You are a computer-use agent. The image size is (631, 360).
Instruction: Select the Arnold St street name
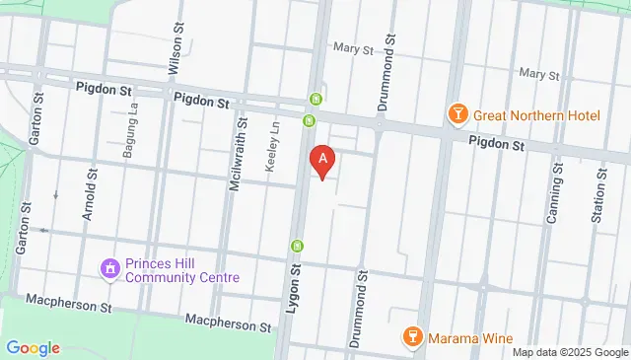(91, 200)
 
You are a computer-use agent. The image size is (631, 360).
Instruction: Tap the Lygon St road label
(293, 285)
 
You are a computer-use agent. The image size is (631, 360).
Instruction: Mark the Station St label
(597, 195)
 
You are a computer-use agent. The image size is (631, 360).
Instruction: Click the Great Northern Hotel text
(536, 115)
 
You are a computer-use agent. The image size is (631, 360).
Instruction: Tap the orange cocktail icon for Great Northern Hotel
(457, 115)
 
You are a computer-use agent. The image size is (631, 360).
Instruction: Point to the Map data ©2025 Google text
(570, 352)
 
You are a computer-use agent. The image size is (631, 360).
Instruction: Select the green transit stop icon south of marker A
(296, 246)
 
